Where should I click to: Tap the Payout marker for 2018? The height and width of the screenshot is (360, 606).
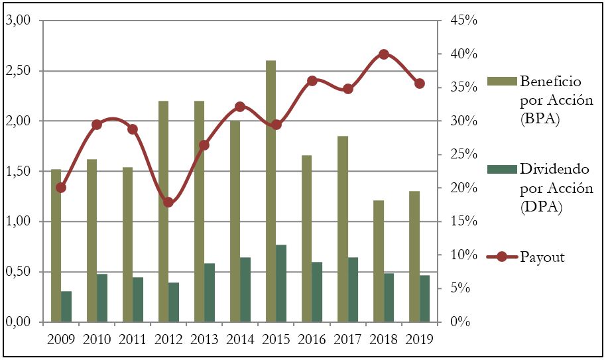[383, 54]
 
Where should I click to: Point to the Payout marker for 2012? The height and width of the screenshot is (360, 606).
[168, 202]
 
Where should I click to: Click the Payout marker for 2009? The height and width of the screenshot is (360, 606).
[61, 188]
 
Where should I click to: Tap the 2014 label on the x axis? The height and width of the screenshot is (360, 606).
[240, 339]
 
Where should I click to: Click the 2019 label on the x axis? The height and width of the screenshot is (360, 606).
[419, 339]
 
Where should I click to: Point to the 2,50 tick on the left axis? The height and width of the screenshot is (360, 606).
[19, 71]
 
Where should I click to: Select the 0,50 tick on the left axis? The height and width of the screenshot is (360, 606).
[19, 272]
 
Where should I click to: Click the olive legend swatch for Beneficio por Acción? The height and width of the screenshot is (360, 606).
[500, 82]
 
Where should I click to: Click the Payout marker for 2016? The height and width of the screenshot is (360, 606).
[312, 81]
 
